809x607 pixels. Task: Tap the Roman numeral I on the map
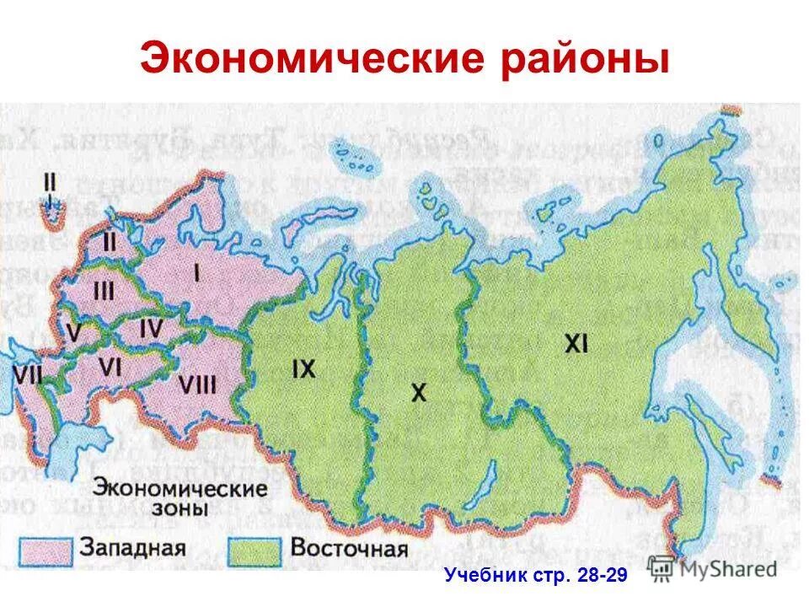[x=197, y=272]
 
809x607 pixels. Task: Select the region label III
[x=104, y=291]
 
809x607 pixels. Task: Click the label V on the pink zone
[x=74, y=334]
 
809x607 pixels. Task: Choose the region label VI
[x=110, y=366]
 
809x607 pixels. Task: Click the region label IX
[x=303, y=368]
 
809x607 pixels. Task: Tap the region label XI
[x=576, y=343]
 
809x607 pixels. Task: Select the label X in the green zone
[x=419, y=392]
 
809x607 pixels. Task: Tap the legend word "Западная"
[x=132, y=547]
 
